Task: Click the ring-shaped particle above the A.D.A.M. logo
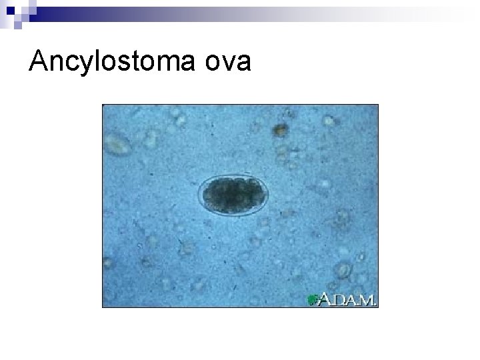344,270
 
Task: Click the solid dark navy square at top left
7,6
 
